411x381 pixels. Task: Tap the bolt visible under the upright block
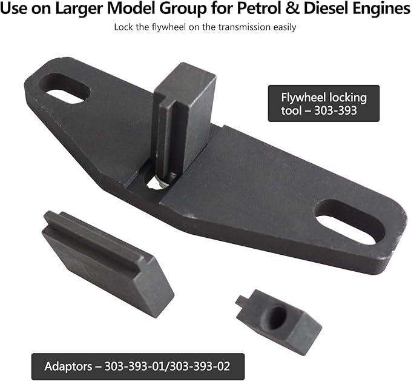[x=165, y=180]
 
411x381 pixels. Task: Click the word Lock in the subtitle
[x=123, y=27]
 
